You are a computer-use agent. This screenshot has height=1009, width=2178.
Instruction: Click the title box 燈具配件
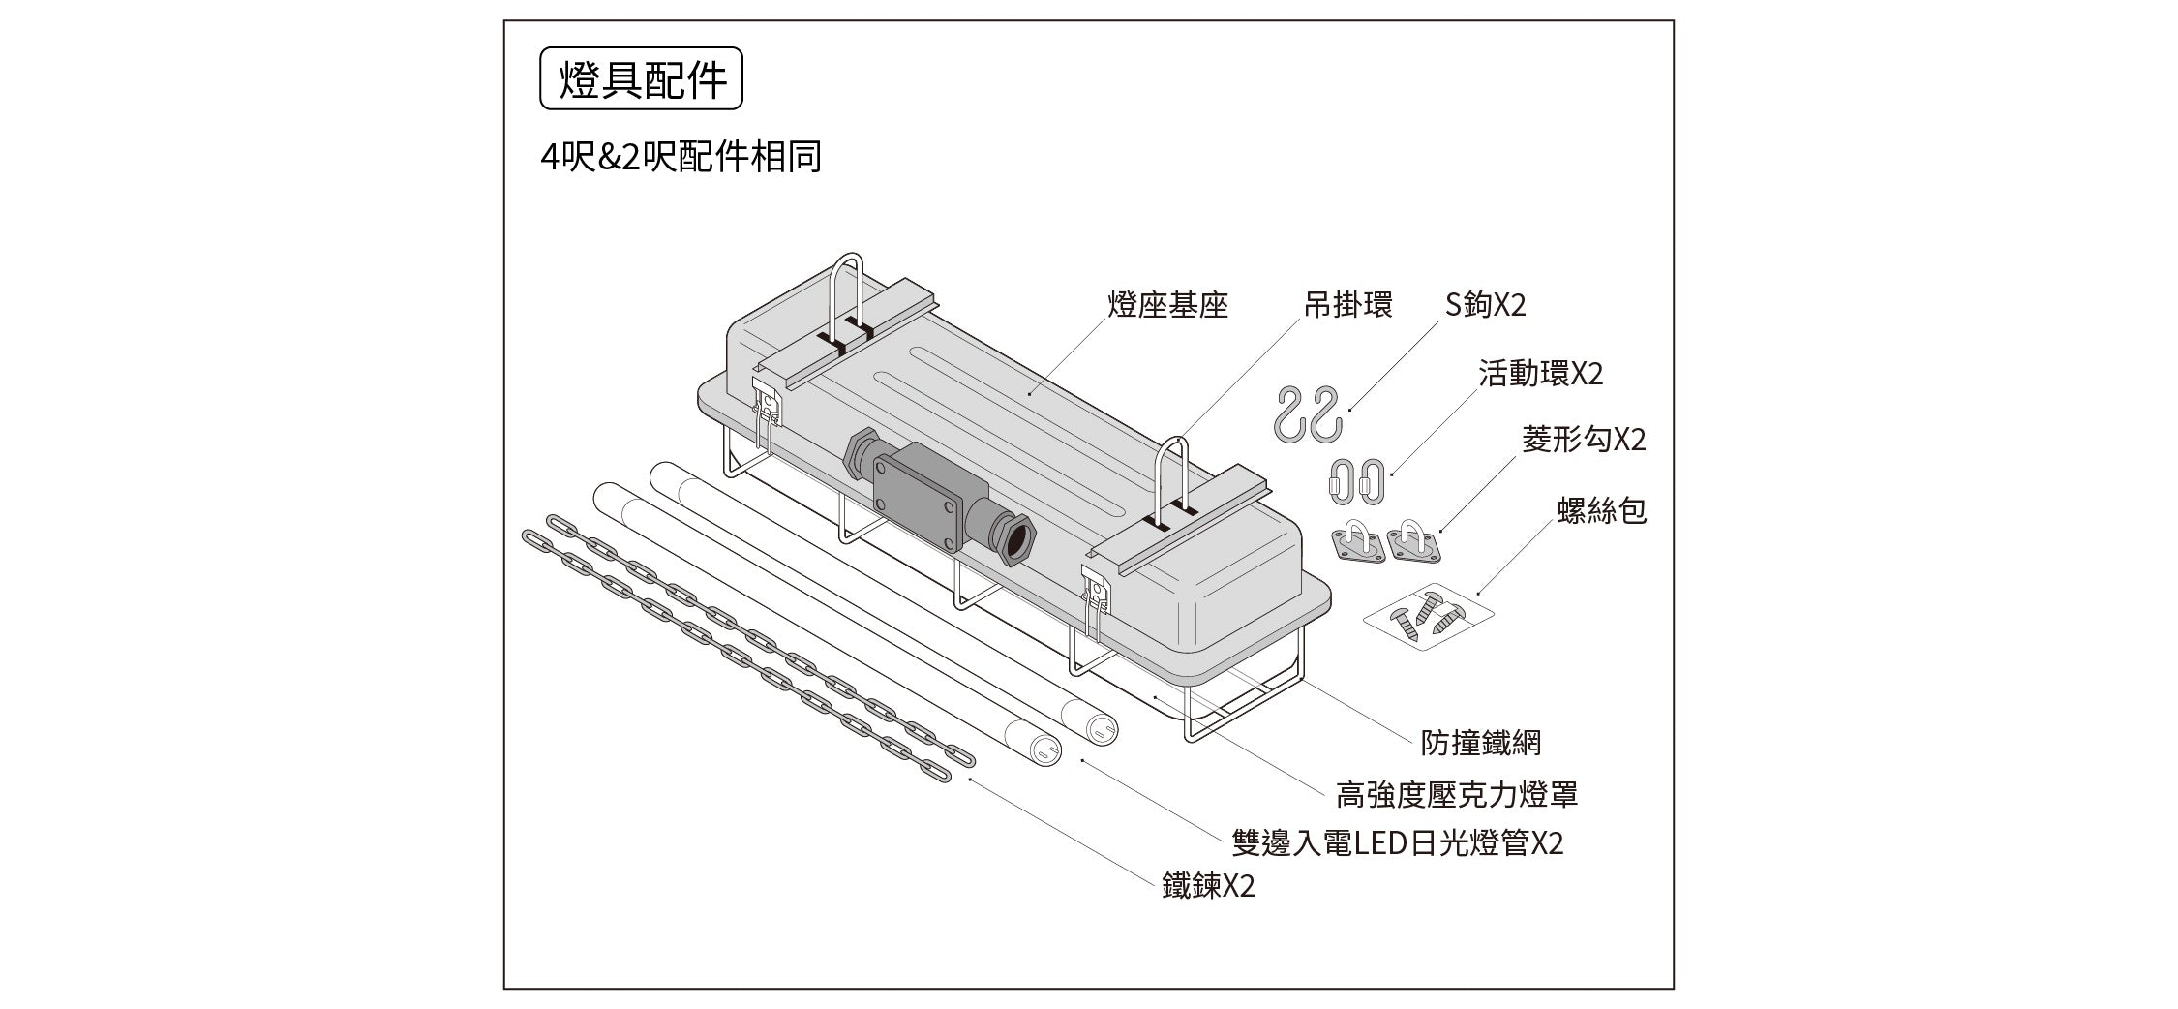tap(641, 78)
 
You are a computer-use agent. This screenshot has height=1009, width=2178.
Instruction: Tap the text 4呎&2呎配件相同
tap(681, 157)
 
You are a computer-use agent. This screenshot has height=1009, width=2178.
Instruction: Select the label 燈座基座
tap(1167, 306)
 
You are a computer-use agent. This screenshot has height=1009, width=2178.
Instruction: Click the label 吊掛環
tap(1348, 306)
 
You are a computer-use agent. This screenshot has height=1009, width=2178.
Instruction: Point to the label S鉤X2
tap(1485, 306)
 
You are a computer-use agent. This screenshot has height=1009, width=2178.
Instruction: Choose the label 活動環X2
tap(1540, 374)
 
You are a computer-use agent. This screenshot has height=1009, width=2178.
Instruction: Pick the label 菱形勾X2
tap(1584, 441)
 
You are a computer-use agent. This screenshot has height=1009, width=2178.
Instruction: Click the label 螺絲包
tap(1602, 510)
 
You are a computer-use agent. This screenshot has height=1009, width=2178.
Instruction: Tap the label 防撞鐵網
tap(1480, 744)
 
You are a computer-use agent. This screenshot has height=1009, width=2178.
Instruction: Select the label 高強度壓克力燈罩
tap(1456, 795)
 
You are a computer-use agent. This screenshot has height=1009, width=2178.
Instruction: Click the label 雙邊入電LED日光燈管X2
tap(1397, 843)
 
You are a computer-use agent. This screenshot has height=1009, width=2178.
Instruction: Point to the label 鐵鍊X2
tap(1208, 886)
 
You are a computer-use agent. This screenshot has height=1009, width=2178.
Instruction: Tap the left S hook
tap(1291, 413)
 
